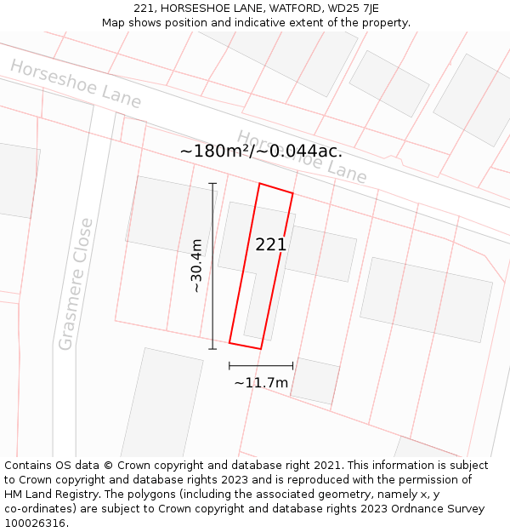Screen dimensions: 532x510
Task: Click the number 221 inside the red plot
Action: coord(271,245)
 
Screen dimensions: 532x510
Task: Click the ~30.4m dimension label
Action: coord(196,266)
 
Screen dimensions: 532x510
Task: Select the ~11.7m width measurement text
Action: coord(261,383)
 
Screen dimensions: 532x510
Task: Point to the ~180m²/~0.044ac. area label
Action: coord(261,152)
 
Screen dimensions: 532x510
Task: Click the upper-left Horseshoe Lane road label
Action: coord(76,83)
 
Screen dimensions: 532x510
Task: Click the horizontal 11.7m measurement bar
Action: coord(261,366)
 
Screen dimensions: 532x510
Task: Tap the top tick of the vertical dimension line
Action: coord(212,183)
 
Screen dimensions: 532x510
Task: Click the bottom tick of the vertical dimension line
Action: coord(212,348)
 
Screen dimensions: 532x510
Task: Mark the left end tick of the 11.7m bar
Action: coord(229,366)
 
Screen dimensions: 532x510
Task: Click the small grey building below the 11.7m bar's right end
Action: coord(314,381)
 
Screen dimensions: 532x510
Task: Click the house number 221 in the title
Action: coord(145,9)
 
